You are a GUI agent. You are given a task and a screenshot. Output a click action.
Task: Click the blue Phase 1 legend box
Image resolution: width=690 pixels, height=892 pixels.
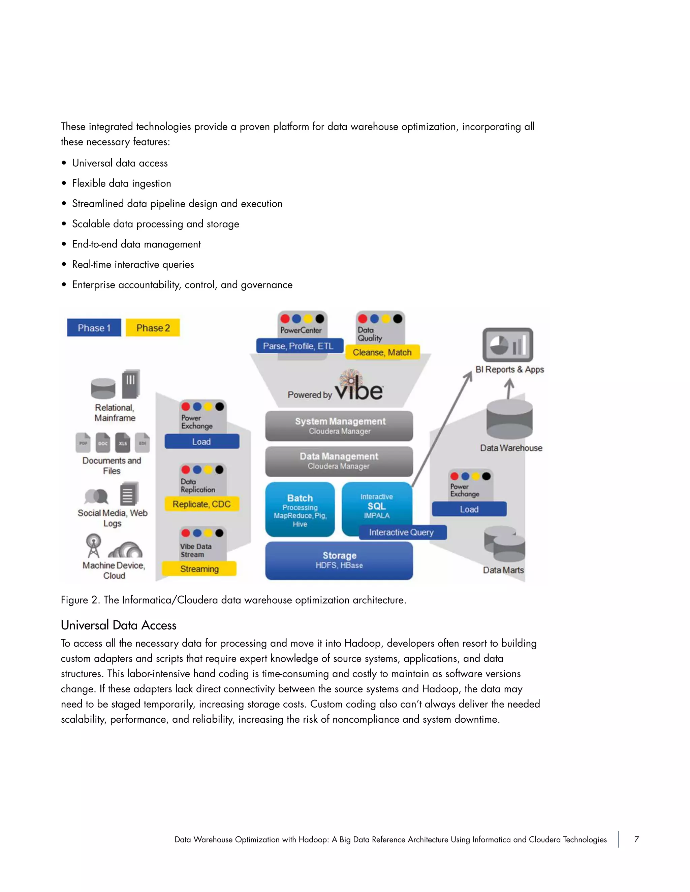tap(94, 328)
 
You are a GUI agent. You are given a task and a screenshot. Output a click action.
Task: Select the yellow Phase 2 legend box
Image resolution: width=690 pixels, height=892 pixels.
tap(153, 328)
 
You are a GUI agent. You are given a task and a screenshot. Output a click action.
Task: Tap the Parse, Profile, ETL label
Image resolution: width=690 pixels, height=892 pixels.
tap(299, 346)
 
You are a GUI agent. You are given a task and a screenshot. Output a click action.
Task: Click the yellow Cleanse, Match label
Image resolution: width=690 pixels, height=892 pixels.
tap(382, 352)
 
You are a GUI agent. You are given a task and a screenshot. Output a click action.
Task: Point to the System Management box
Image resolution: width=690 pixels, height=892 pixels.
tap(339, 425)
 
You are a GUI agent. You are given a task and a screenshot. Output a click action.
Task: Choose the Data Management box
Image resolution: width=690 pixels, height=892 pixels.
tap(339, 461)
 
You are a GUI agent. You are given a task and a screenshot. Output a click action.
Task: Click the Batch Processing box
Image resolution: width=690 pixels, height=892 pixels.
tap(300, 509)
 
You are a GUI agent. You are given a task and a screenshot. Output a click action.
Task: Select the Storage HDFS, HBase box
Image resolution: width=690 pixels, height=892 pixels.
tap(339, 560)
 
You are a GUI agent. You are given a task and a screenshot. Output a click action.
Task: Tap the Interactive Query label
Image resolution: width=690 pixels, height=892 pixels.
tap(402, 532)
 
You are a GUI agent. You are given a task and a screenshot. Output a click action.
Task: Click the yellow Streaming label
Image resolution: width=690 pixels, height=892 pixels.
tap(199, 569)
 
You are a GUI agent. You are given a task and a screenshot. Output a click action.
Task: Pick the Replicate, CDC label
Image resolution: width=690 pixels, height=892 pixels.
tap(201, 504)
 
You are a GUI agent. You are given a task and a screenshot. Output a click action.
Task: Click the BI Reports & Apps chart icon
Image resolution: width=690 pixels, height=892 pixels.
tap(508, 345)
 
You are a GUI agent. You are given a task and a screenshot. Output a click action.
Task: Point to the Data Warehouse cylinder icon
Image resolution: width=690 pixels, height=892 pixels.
tap(509, 419)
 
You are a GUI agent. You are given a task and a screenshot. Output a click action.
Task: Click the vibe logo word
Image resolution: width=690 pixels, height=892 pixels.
tap(359, 390)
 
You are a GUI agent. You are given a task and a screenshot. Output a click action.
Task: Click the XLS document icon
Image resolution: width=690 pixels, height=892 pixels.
tap(123, 443)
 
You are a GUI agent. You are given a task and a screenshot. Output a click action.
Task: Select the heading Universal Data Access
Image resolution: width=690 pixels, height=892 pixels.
tap(119, 625)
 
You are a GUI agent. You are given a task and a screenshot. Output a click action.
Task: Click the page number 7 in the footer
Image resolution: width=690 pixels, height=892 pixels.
tap(636, 839)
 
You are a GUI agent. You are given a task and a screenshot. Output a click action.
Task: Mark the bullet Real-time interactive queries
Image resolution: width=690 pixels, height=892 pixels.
tap(133, 264)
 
